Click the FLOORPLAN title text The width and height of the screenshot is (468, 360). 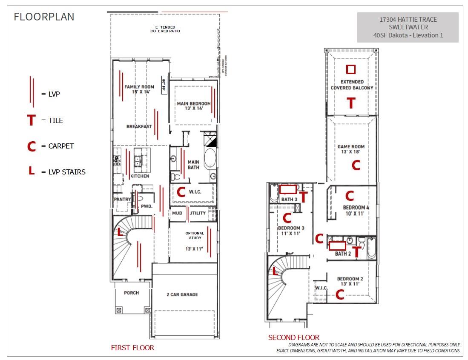[44, 17]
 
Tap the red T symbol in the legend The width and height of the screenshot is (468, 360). [31, 120]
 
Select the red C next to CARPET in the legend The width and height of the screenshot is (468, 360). [31, 146]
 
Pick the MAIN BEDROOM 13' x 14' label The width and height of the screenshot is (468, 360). [194, 106]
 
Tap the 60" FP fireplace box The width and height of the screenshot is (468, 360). [164, 85]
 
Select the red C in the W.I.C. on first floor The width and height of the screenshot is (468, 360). [181, 192]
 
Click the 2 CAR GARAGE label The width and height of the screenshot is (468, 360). [182, 294]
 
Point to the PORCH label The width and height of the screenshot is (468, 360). [131, 293]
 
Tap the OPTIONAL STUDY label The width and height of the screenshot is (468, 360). [194, 235]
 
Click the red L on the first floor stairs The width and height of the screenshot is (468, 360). [120, 232]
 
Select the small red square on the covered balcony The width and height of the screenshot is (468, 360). [350, 69]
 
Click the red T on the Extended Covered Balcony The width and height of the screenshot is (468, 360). [351, 103]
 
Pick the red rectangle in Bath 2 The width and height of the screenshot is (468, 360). [337, 246]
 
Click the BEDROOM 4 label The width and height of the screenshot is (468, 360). [356, 210]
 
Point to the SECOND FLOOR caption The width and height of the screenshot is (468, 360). [293, 337]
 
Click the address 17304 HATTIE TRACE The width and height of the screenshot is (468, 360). [408, 19]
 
